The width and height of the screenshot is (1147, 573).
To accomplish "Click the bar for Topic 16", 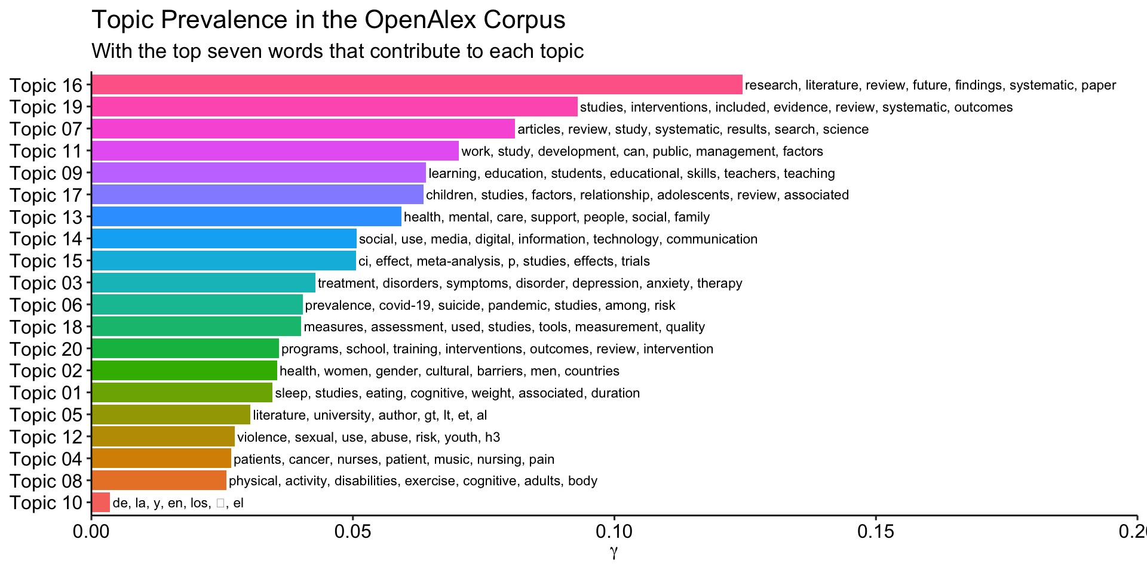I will pyautogui.click(x=417, y=85).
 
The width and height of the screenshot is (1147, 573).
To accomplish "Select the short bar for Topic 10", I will pyautogui.click(x=101, y=503).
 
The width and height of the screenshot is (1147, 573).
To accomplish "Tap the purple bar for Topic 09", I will pyautogui.click(x=259, y=173).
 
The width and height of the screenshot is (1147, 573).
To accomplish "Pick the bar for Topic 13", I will pyautogui.click(x=246, y=217).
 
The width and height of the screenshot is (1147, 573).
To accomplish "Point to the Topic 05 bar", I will pyautogui.click(x=171, y=415).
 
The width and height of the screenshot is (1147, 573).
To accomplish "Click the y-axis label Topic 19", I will pyautogui.click(x=45, y=107).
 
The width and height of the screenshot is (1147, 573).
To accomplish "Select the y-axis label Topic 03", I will pyautogui.click(x=45, y=284).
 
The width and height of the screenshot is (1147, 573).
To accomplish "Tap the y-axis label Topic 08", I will pyautogui.click(x=45, y=481).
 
